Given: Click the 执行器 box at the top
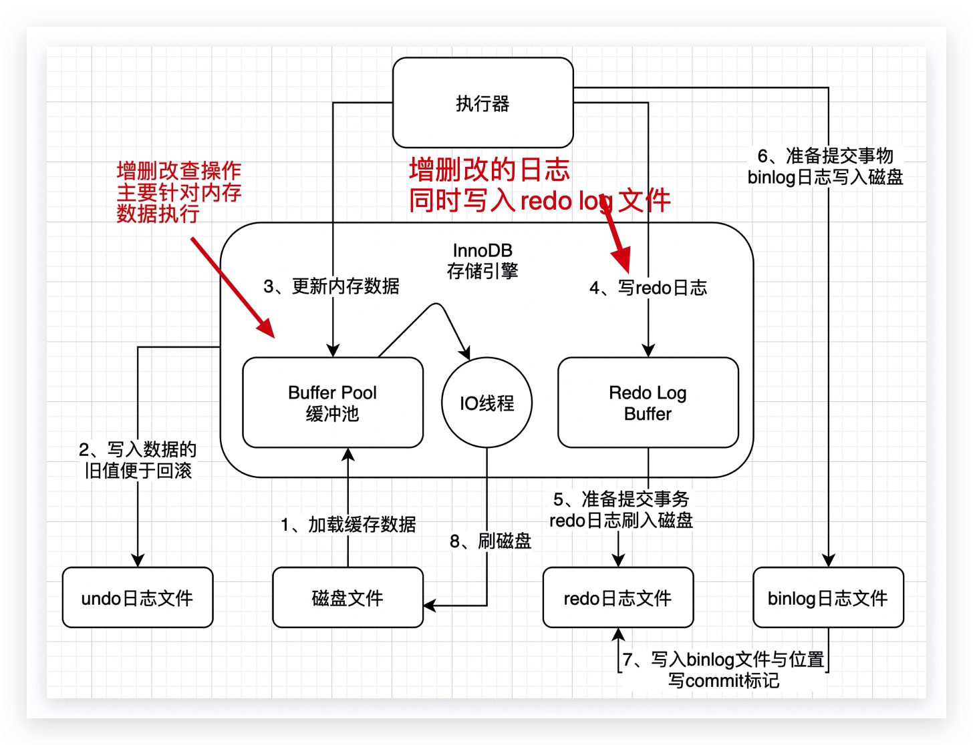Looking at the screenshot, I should point(482,103).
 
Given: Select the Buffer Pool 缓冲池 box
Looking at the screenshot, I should point(332,403).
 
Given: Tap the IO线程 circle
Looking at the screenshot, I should point(486,403).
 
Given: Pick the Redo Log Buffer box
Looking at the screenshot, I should point(648,403).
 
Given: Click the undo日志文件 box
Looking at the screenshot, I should point(137,597).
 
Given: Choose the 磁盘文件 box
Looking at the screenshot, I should point(347,597).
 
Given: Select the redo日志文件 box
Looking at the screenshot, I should point(617,597).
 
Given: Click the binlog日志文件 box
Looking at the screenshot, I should point(827,597).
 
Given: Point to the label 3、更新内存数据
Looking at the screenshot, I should point(331,286).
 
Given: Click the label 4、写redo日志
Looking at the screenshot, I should point(648,288).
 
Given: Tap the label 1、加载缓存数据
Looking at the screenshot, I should point(348,525).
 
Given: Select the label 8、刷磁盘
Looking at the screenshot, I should point(491,541).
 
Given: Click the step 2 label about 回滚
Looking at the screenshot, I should point(138,460).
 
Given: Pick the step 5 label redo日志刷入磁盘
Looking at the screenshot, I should point(621,510).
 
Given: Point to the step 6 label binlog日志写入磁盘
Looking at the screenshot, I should point(825,166).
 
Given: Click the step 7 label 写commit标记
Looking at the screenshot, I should point(723,670).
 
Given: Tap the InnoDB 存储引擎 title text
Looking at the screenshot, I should point(482,260).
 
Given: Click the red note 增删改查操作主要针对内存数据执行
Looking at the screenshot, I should point(178,192).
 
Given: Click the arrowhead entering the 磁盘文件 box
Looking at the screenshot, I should point(430,605).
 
